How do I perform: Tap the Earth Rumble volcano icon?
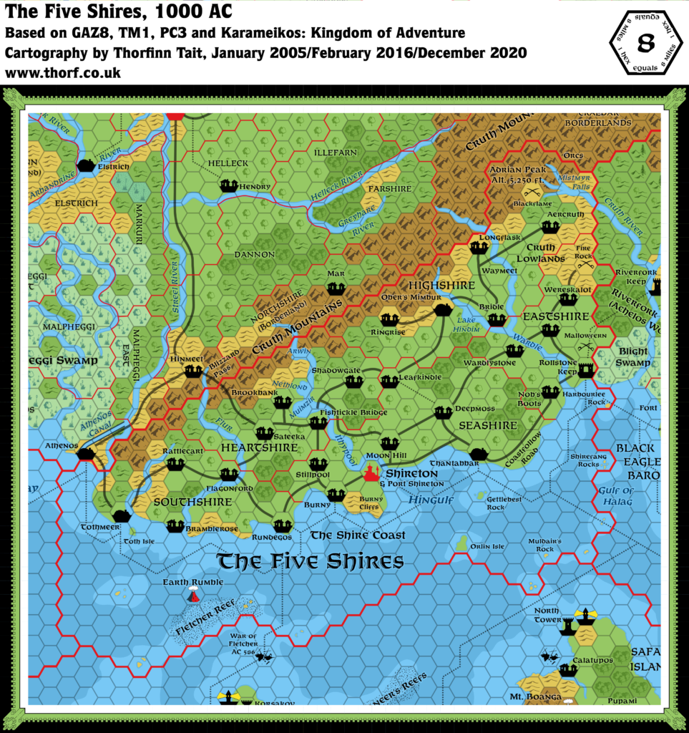193,595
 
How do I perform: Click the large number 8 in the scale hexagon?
645,43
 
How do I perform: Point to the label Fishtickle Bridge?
354,412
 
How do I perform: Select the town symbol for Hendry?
229,186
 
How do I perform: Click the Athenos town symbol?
87,454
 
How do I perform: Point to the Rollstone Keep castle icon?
586,370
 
